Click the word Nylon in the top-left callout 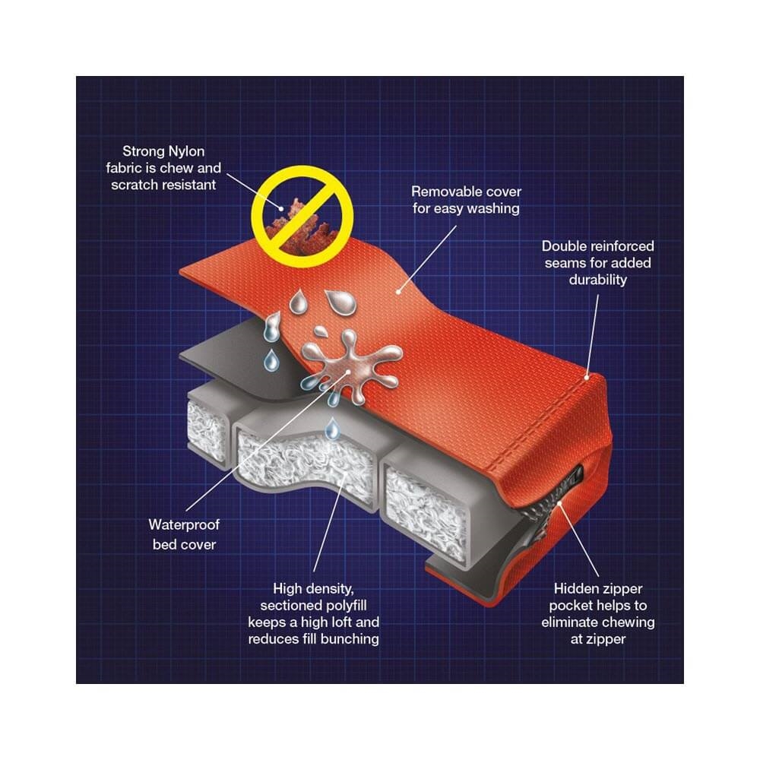coord(186,152)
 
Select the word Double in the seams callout coord(565,246)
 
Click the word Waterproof coord(184,525)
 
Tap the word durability coord(597,280)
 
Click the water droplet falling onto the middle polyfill coord(331,428)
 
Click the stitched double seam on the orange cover coord(543,426)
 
